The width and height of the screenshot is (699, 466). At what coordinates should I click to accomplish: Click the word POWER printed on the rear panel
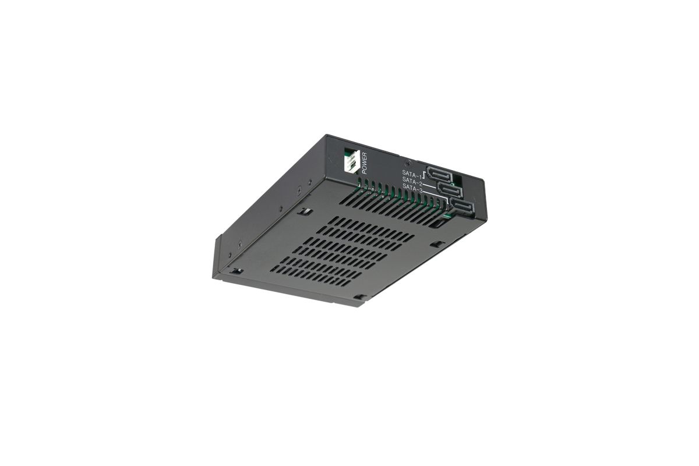click(x=364, y=163)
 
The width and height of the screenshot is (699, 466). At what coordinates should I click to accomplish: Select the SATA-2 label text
click(x=412, y=181)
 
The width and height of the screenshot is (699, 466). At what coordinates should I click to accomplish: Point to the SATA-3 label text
click(x=412, y=188)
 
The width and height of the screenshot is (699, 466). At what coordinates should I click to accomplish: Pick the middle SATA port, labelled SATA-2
click(x=450, y=189)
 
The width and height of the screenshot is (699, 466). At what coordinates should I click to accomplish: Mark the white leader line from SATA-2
click(x=430, y=185)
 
